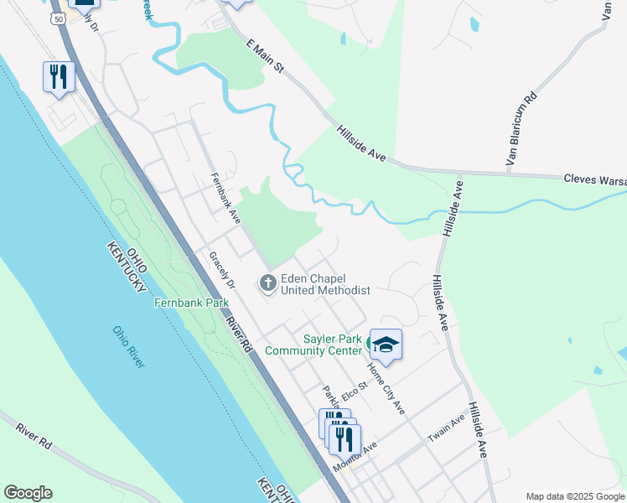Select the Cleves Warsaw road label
click(x=594, y=179)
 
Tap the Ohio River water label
click(x=129, y=346)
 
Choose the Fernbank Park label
click(x=191, y=302)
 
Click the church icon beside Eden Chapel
click(x=268, y=283)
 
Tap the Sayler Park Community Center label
click(x=313, y=345)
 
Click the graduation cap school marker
click(x=386, y=344)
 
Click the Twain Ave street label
click(x=446, y=429)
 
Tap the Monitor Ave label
click(x=355, y=459)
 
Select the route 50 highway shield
click(x=57, y=18)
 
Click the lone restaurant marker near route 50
click(x=59, y=77)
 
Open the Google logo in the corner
click(x=28, y=493)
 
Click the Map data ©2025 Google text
click(x=574, y=496)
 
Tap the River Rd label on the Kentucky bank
click(x=34, y=439)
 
